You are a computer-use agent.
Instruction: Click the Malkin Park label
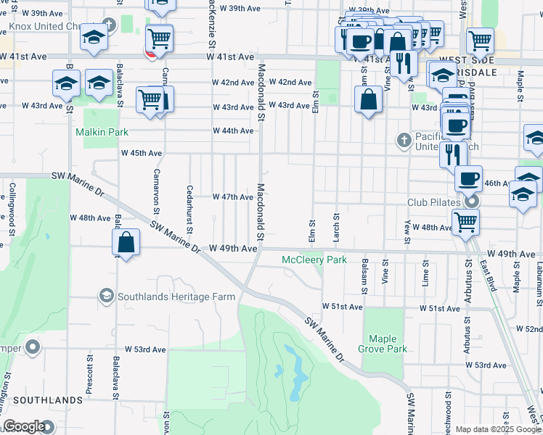click(102, 133)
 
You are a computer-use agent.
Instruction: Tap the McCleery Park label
click(314, 260)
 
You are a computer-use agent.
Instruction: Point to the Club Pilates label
click(436, 202)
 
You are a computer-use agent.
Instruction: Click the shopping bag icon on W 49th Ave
click(126, 243)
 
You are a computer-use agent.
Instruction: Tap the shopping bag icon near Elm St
click(370, 99)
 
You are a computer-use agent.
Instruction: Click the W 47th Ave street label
click(232, 197)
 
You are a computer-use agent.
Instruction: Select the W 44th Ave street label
click(233, 131)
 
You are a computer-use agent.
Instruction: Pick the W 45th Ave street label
click(142, 153)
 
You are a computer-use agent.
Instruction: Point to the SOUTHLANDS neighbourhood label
click(48, 400)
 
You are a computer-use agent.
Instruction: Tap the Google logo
click(24, 426)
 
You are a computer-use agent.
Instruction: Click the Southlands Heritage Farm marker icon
click(107, 296)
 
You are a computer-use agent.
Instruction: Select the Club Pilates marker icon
click(473, 202)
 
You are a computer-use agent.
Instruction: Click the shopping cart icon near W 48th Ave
click(465, 222)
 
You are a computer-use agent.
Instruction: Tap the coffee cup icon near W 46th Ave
click(468, 178)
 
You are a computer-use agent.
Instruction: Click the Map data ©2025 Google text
click(497, 430)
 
